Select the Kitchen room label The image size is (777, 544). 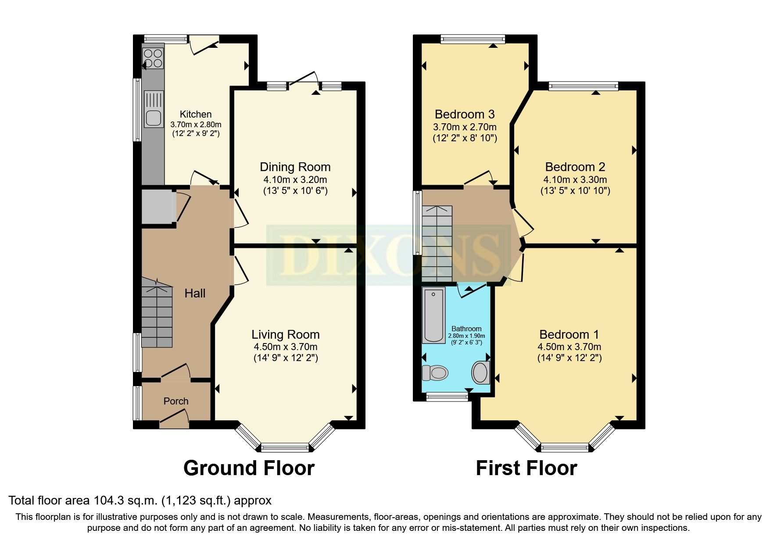click(x=196, y=114)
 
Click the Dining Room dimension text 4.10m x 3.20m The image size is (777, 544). click(x=295, y=179)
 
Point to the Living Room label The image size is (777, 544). click(x=285, y=335)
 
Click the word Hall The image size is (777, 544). click(x=195, y=293)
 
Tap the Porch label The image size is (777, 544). click(x=176, y=401)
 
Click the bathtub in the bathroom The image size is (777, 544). click(x=433, y=315)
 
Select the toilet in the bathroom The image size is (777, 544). click(x=434, y=373)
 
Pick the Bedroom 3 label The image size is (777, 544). click(x=464, y=115)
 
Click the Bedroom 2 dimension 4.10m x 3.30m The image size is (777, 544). click(x=575, y=179)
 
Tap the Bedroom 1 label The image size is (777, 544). click(x=569, y=335)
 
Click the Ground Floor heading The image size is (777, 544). click(x=249, y=468)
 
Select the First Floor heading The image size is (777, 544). click(x=526, y=468)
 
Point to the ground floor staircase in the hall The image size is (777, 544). click(x=157, y=314)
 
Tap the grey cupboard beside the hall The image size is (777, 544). click(x=157, y=207)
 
